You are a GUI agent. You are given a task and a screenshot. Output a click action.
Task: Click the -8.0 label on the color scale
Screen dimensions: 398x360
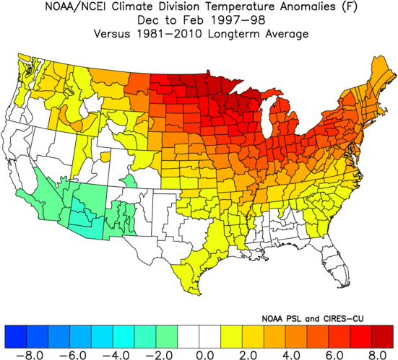point(30,356)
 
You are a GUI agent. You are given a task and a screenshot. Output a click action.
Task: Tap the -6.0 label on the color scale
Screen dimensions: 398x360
point(72,356)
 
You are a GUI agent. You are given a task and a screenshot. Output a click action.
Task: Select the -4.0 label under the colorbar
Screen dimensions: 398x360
point(116,356)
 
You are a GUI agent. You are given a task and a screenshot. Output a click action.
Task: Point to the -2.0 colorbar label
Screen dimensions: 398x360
point(159,356)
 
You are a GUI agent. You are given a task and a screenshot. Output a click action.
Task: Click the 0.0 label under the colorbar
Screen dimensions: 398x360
point(206,356)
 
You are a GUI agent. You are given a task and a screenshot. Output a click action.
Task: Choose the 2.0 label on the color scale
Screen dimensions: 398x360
point(248,356)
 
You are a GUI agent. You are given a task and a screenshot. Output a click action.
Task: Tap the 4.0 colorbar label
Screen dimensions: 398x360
point(292,356)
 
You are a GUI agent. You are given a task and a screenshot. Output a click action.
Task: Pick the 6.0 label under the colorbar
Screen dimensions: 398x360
point(334,356)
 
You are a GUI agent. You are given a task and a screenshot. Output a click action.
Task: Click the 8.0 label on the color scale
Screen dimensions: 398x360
point(378,356)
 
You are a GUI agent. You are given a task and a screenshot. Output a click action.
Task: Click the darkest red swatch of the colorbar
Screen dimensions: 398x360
point(383,336)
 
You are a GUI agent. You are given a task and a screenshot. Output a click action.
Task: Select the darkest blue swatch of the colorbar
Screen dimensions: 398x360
point(15,336)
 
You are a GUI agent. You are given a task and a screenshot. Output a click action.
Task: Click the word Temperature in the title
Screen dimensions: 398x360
point(240,6)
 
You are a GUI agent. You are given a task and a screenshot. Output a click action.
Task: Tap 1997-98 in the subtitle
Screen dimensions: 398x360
point(238,20)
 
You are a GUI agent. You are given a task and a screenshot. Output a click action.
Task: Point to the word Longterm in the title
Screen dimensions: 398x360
point(234,34)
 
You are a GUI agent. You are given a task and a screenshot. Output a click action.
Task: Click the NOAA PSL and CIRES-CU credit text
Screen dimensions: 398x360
point(313,318)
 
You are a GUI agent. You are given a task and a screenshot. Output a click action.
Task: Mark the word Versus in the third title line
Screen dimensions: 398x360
point(112,34)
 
